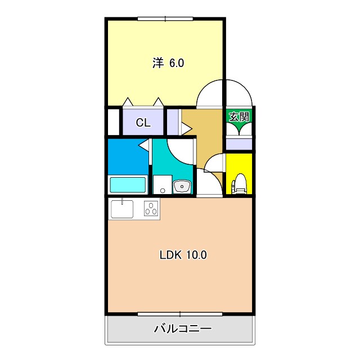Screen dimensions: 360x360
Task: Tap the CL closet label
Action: tap(143, 122)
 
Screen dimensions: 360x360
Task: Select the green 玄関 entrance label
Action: tap(238, 117)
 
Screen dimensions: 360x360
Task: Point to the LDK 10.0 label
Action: tap(183, 255)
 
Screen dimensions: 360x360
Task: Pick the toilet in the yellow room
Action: tap(239, 183)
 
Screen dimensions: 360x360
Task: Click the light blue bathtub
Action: tap(128, 184)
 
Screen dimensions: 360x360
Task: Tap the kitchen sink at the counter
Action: tap(122, 209)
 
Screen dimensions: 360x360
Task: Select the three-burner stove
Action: tap(152, 209)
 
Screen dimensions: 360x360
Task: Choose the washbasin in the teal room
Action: tap(182, 186)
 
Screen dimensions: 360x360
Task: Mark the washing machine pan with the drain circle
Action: tap(163, 184)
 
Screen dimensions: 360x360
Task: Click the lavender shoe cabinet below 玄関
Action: tap(239, 143)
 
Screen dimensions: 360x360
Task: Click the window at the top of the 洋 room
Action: tap(165, 19)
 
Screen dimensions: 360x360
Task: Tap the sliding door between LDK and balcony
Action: tap(180, 313)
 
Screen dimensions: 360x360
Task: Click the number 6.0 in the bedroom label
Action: tap(177, 63)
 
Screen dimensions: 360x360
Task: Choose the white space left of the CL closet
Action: tap(114, 121)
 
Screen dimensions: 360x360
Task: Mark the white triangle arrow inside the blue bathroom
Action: tap(143, 146)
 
